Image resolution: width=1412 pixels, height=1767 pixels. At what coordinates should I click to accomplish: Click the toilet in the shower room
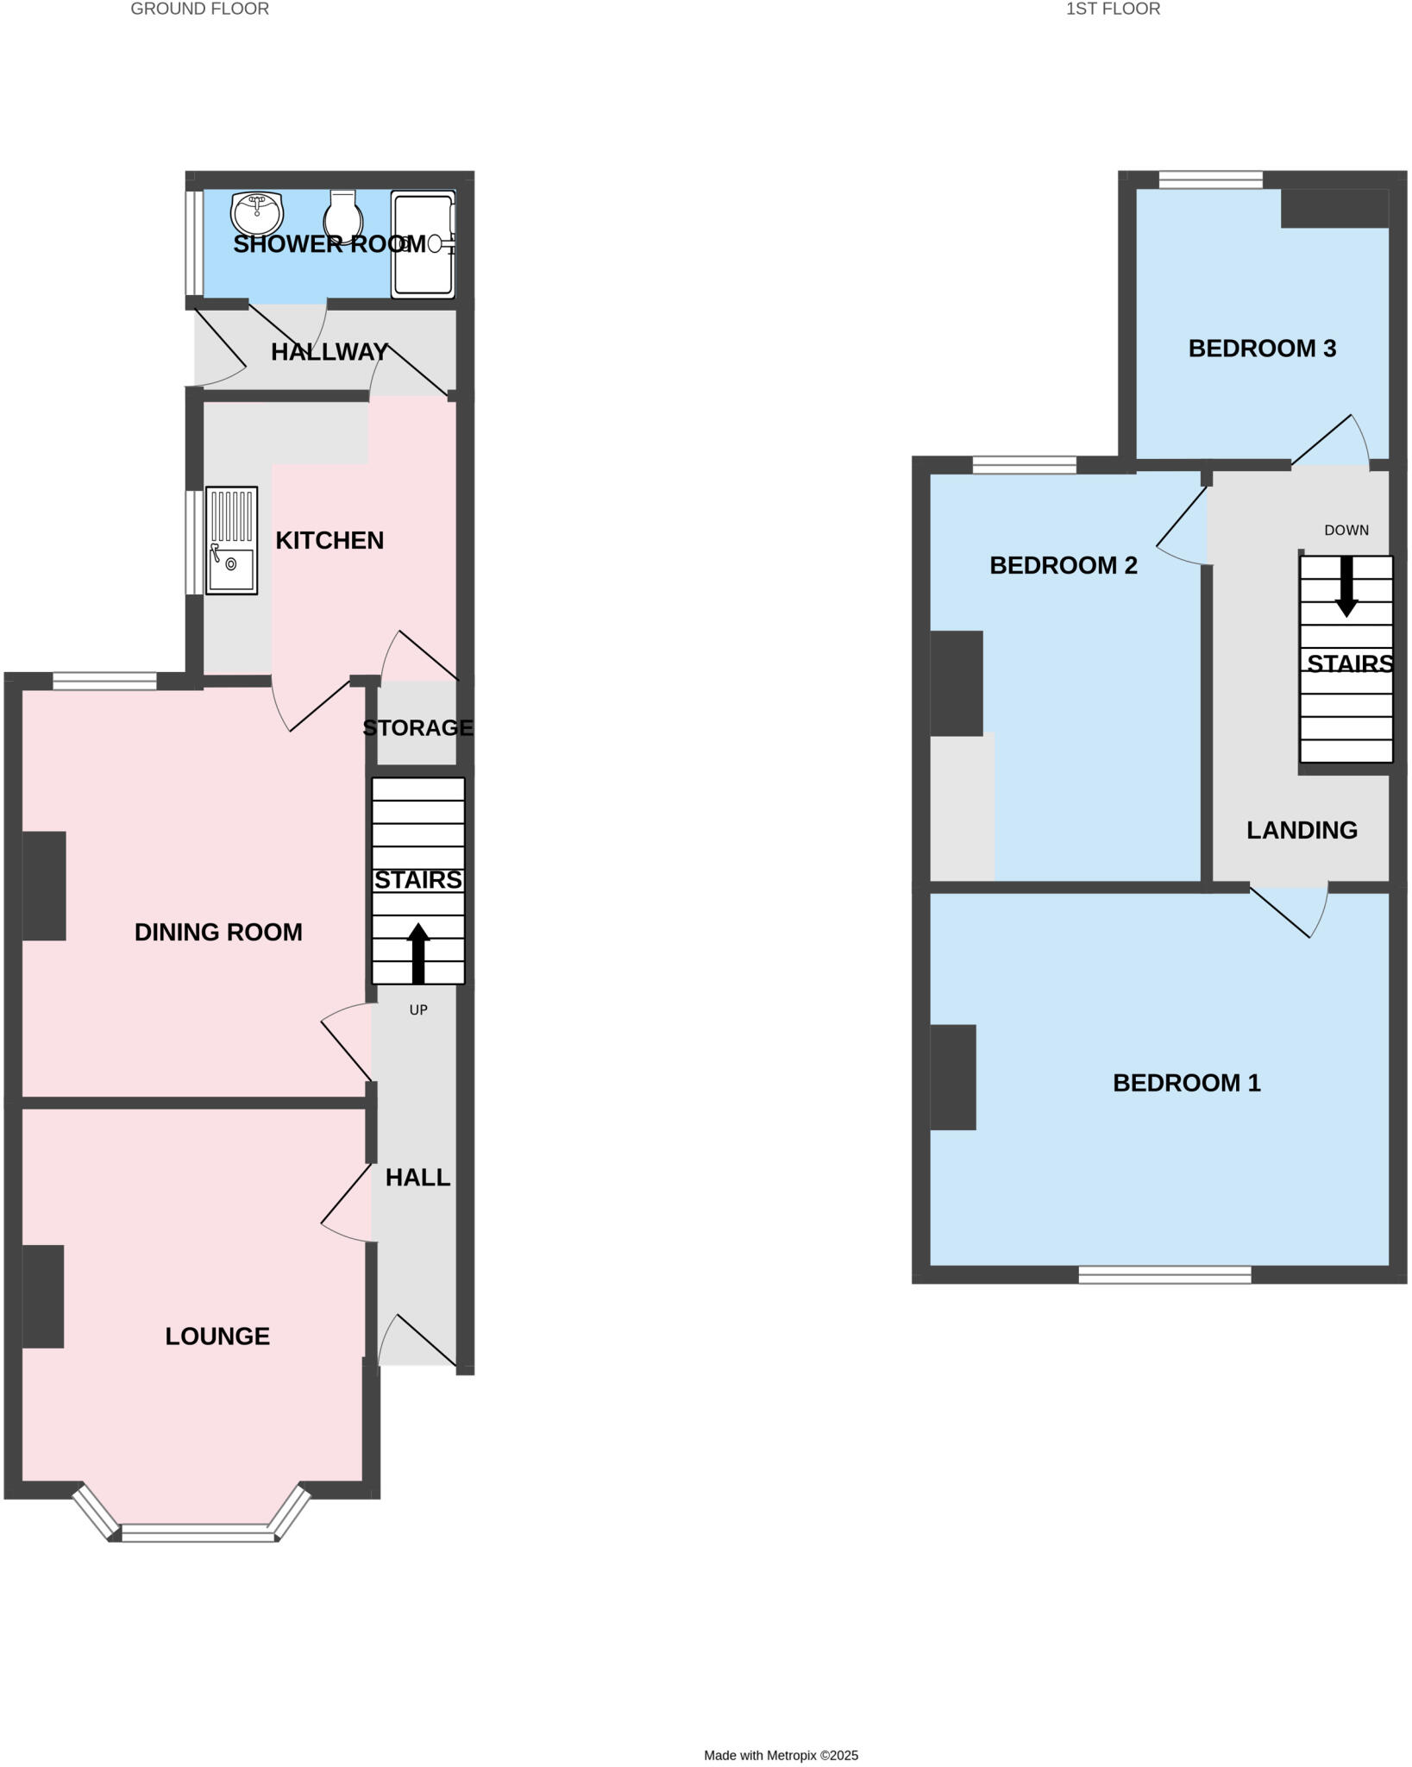click(343, 216)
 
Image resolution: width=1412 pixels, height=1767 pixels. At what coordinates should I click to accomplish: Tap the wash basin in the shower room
click(256, 211)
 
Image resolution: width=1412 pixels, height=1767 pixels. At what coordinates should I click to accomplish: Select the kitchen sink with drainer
click(231, 540)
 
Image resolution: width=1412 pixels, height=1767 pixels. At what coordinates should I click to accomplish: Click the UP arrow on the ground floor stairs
click(418, 953)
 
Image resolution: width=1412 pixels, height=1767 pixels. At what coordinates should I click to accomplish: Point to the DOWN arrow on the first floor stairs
click(1346, 587)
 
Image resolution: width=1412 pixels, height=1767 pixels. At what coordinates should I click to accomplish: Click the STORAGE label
click(417, 727)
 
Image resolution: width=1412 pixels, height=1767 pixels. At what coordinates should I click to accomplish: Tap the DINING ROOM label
click(218, 932)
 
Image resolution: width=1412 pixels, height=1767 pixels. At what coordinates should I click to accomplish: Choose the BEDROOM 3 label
click(1262, 349)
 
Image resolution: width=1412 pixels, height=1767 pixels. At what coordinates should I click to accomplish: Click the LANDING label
click(1302, 830)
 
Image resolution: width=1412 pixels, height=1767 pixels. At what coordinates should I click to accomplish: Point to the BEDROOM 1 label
click(1186, 1083)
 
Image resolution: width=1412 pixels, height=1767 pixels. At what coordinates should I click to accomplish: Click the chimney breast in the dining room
click(44, 885)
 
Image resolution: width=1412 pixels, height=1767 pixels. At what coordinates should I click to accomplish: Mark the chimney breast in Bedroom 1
click(953, 1077)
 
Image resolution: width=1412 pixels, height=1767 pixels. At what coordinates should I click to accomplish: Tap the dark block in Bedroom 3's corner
click(1334, 208)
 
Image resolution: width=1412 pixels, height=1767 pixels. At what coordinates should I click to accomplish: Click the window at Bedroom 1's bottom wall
click(1164, 1274)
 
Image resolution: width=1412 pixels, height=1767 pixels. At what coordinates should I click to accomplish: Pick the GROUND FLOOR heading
click(199, 9)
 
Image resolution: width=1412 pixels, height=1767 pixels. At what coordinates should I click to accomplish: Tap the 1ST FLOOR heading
click(1113, 9)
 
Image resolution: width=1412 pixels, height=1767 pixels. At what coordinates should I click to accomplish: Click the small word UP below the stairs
click(418, 1009)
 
